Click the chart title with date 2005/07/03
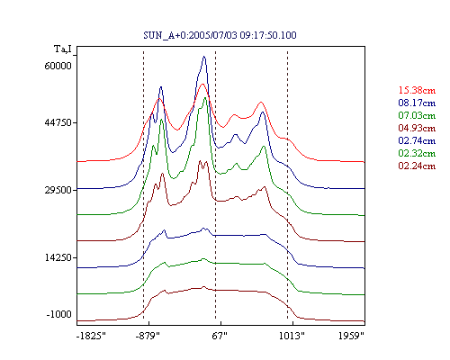220,35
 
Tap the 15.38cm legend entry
417,90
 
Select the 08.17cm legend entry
417,103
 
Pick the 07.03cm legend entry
417,115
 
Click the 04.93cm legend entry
417,128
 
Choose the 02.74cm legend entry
417,140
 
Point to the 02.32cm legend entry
417,153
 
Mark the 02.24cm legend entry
417,166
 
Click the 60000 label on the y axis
58,66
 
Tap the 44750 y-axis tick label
58,122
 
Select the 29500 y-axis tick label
58,190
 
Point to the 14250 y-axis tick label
58,257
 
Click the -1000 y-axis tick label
58,314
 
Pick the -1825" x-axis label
91,336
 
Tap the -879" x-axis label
148,336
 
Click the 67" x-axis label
220,336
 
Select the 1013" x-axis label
292,336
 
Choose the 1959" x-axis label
351,336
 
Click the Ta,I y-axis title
63,49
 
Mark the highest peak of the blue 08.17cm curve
204,56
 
